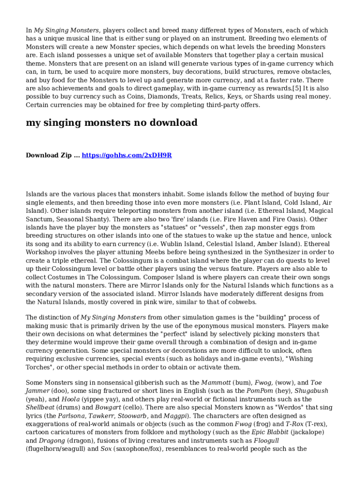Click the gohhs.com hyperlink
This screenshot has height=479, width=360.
127,155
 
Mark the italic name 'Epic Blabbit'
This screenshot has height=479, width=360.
271,432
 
